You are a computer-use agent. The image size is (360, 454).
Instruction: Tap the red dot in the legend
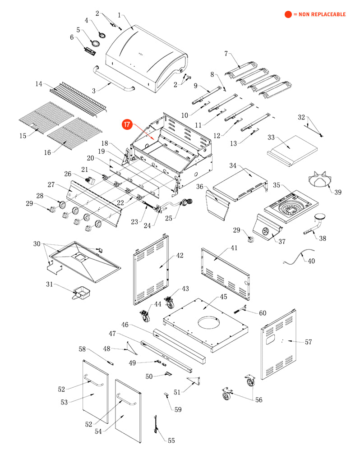288,14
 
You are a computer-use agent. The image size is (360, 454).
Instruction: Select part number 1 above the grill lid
119,15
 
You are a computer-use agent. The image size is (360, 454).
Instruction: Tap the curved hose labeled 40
298,257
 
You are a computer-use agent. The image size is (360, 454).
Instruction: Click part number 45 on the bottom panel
223,297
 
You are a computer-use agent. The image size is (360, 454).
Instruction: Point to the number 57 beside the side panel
308,342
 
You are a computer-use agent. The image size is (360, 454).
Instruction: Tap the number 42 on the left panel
180,256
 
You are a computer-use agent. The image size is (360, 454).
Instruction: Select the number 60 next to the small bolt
262,313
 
